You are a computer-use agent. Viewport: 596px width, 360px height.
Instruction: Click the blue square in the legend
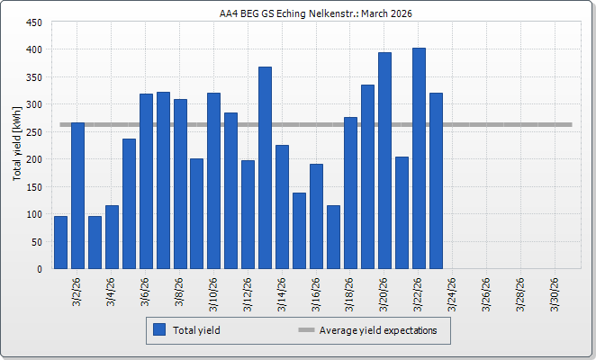[159, 330]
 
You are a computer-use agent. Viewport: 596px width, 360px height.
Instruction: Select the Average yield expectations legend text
[378, 330]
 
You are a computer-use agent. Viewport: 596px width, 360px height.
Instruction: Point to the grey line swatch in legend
[305, 330]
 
